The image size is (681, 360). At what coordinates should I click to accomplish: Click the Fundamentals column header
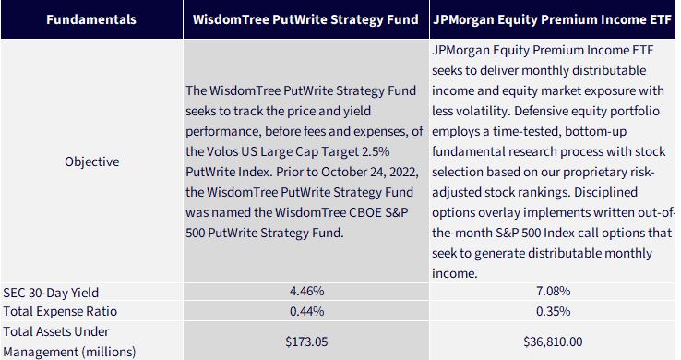(x=91, y=19)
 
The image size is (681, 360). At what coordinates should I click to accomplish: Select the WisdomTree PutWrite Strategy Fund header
(x=305, y=19)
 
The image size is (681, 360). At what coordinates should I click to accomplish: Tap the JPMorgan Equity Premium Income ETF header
(x=552, y=19)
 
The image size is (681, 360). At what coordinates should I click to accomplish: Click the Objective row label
(x=91, y=162)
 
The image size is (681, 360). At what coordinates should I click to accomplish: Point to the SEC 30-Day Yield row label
(x=51, y=293)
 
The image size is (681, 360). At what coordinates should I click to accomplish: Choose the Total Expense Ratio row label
(x=60, y=311)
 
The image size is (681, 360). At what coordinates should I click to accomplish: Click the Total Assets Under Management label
(x=69, y=342)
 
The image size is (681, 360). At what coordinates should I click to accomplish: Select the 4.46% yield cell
(x=306, y=291)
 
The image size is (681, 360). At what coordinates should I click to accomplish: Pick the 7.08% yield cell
(x=553, y=291)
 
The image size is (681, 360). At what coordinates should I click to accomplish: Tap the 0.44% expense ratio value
(x=306, y=311)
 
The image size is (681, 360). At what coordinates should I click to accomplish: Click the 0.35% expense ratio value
(x=553, y=311)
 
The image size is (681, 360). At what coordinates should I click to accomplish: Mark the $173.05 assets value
(x=306, y=342)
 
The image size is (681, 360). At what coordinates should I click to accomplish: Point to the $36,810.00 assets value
(x=553, y=342)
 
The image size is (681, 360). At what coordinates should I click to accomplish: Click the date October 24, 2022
(x=370, y=172)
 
